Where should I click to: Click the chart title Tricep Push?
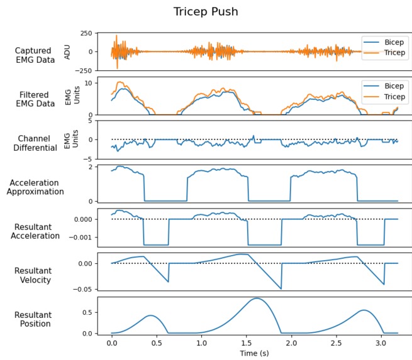[x=206, y=12]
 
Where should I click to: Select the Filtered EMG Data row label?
[x=35, y=99]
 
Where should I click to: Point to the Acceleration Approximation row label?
[x=35, y=187]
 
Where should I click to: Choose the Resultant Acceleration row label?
[x=35, y=231]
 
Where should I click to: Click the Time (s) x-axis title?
[x=255, y=354]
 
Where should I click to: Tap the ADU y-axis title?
[x=68, y=52]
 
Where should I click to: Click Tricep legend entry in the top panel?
[x=386, y=53]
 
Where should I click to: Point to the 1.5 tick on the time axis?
[x=246, y=344]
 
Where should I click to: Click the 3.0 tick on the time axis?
[x=381, y=344]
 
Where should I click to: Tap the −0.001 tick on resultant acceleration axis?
[x=79, y=237]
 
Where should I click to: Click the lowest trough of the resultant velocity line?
[x=281, y=289]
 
